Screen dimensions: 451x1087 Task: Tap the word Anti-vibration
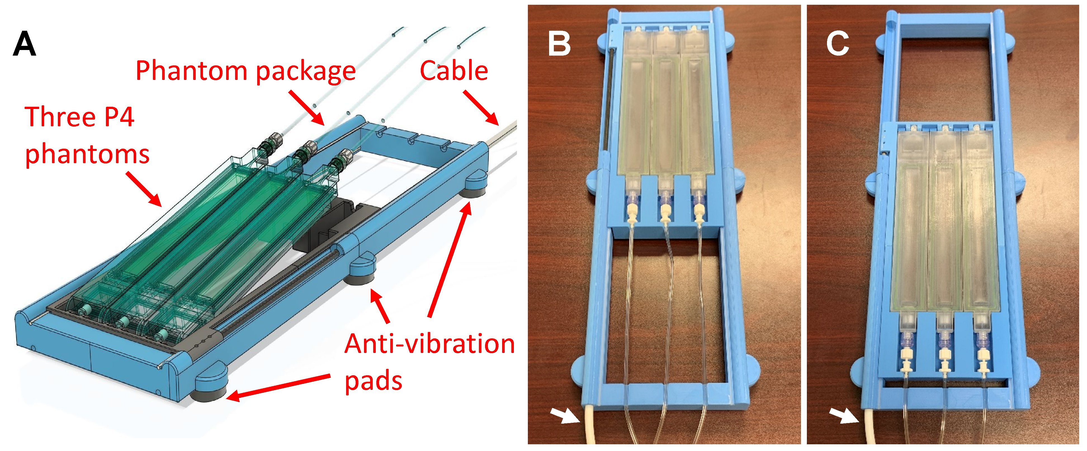(429, 344)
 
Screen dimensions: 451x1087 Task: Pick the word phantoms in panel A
(87, 155)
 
